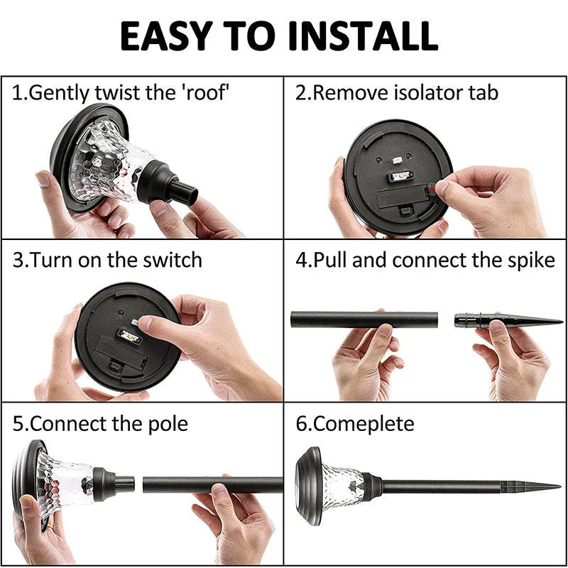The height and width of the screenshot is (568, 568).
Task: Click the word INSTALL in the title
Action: click(364, 36)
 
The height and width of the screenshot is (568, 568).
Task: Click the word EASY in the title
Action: click(166, 36)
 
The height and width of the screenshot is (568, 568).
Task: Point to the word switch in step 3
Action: click(173, 260)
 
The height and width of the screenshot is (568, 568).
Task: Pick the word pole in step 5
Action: click(168, 424)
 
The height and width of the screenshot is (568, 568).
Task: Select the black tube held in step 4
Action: click(364, 319)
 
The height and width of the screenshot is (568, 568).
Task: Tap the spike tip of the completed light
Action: click(559, 486)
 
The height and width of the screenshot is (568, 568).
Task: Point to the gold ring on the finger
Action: click(50, 526)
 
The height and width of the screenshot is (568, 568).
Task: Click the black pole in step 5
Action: click(212, 485)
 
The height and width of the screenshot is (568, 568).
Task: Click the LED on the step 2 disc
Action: click(401, 176)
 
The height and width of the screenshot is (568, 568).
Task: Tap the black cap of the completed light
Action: click(308, 486)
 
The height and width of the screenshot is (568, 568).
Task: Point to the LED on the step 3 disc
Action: click(130, 337)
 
